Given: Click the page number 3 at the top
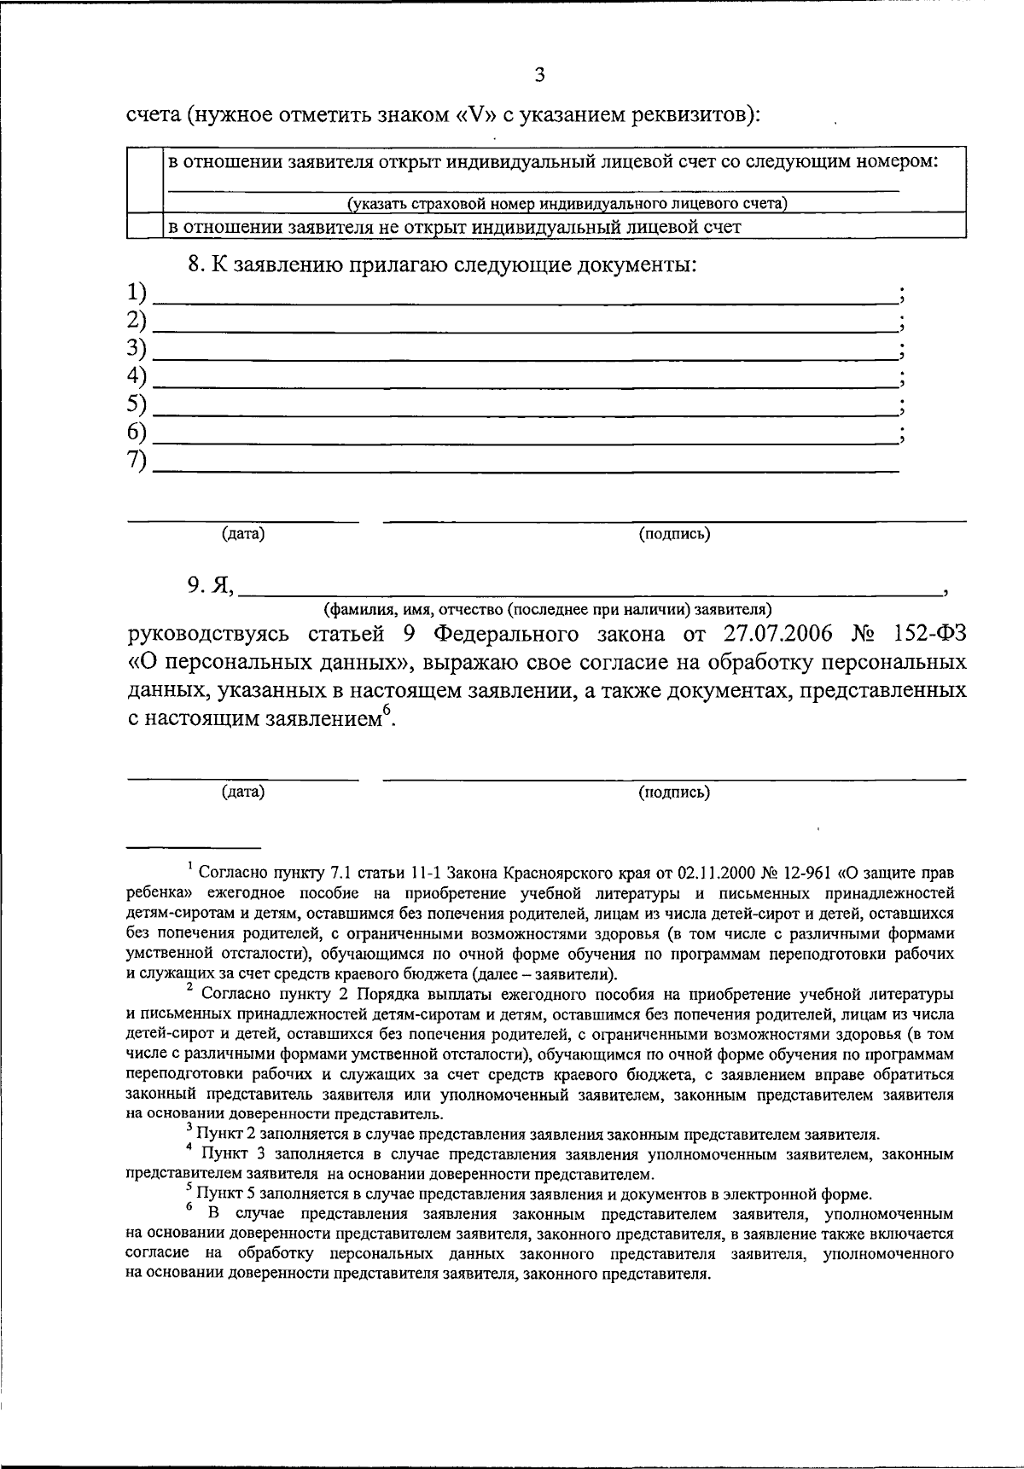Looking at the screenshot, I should pyautogui.click(x=538, y=75).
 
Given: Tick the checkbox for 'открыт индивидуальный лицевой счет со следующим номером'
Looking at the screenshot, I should pyautogui.click(x=144, y=180).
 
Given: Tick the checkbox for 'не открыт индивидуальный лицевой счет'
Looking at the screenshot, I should pyautogui.click(x=144, y=226).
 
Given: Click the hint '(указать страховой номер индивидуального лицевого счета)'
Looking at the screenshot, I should pyautogui.click(x=567, y=203).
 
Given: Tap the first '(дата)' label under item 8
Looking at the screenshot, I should pyautogui.click(x=243, y=534).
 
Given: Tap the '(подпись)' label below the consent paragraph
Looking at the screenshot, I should pyautogui.click(x=674, y=793).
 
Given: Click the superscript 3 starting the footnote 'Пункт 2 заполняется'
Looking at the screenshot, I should pyautogui.click(x=189, y=1128).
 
